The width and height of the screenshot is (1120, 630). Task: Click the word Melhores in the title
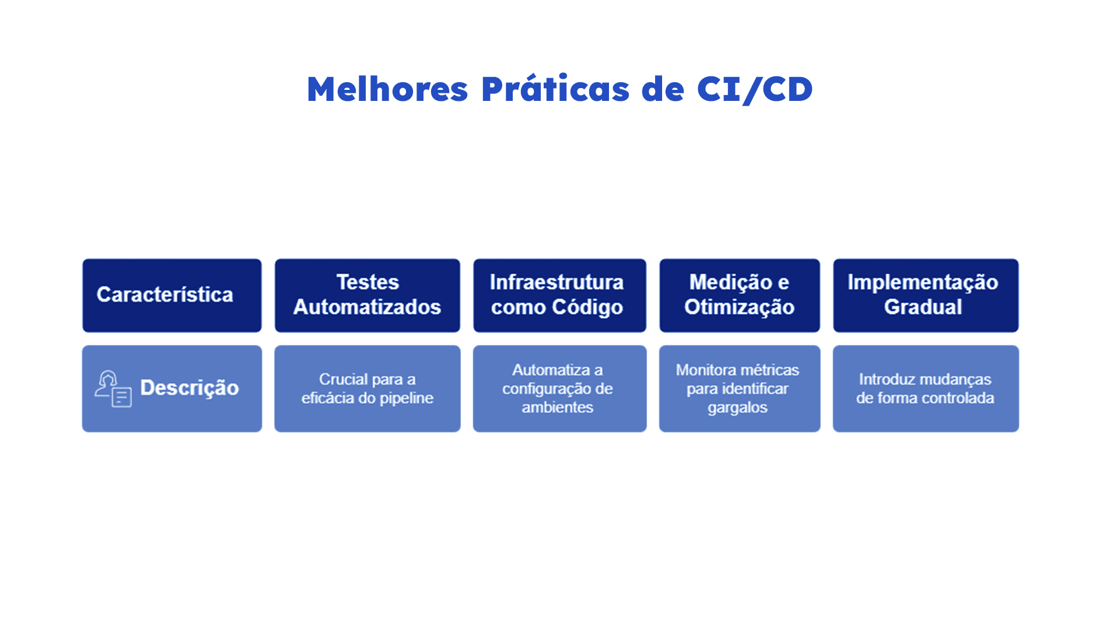point(387,89)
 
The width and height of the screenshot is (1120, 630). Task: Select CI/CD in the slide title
point(755,90)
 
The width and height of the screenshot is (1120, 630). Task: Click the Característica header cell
point(172,296)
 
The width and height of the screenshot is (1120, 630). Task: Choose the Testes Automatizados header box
point(367,296)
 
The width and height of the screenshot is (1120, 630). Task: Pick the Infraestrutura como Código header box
point(559,296)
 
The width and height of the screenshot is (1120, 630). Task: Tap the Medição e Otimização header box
point(740,296)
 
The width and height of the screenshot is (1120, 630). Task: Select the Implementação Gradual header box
point(926,296)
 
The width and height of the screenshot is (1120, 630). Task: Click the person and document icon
point(113,388)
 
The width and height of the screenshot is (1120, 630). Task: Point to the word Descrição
point(190,388)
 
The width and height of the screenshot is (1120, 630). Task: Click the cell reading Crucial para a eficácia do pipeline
point(367,388)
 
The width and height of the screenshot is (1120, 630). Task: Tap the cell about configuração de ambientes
point(559,388)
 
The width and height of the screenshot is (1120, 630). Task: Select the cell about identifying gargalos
point(740,388)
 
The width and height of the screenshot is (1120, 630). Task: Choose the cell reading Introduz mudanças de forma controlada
point(926,388)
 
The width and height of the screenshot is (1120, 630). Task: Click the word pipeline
point(407,399)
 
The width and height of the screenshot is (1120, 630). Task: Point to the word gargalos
point(737,408)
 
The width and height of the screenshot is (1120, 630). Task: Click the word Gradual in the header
point(923,307)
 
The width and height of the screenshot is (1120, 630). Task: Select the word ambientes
point(558,407)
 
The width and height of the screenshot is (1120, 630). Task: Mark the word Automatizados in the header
point(367,307)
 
